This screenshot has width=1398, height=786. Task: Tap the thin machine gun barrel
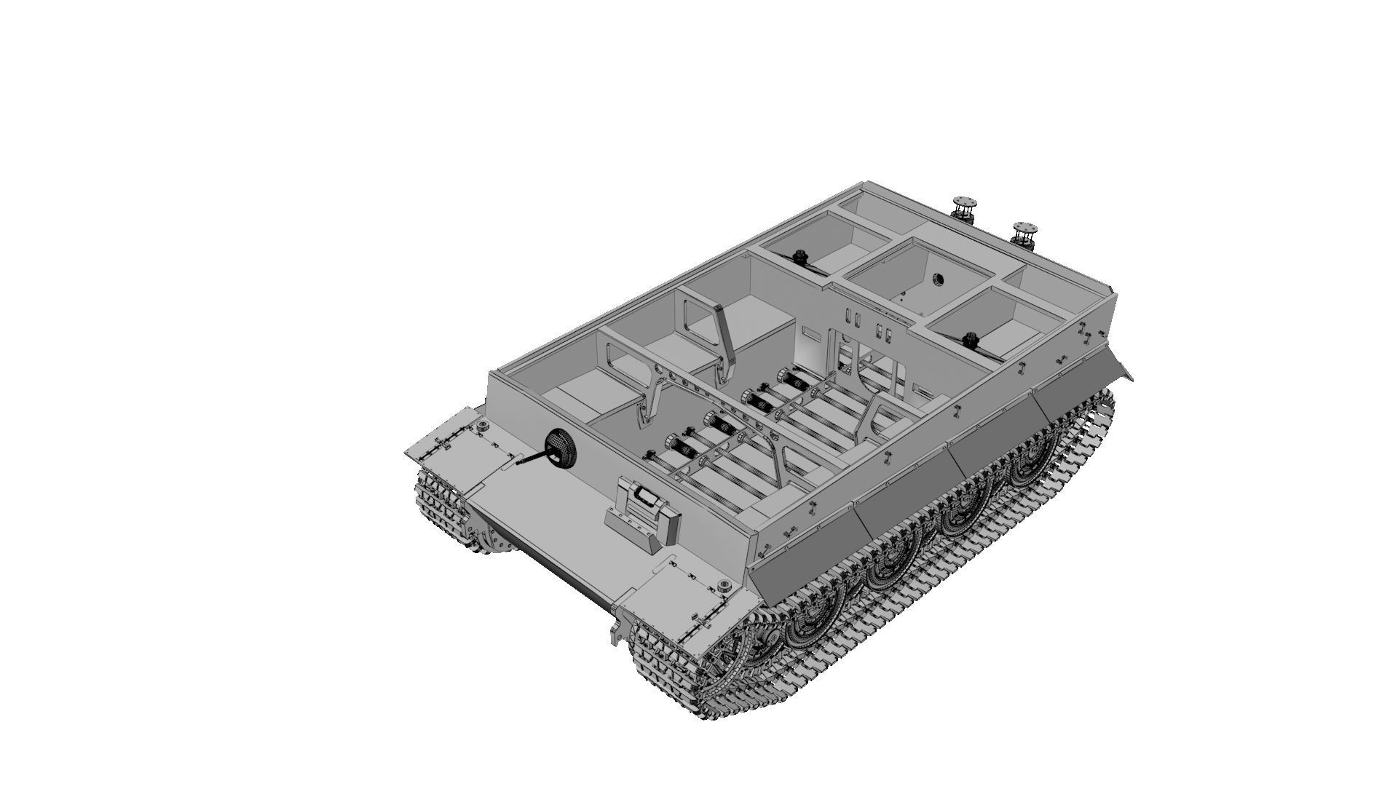(532, 458)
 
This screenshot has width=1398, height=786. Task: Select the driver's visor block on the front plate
(642, 502)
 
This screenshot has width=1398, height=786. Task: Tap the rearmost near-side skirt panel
(1070, 393)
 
